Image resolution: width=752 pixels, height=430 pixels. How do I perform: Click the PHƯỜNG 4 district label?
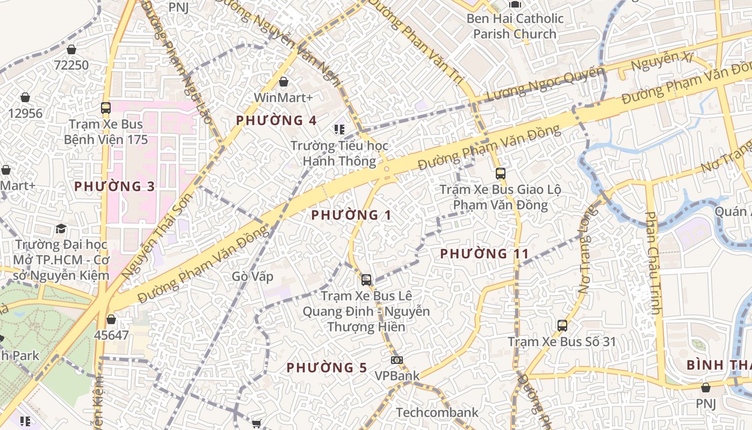coord(276,120)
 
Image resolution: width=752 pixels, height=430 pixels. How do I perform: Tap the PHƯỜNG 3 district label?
coord(114,187)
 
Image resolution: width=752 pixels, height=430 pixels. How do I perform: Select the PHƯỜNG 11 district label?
coord(485,254)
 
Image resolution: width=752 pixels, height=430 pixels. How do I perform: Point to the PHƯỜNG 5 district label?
coord(327,368)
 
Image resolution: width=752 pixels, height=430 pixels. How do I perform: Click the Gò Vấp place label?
coord(252,277)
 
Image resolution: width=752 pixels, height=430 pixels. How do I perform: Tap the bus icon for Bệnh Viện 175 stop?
coord(105,107)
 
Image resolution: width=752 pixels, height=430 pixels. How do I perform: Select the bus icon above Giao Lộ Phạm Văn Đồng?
coord(500,173)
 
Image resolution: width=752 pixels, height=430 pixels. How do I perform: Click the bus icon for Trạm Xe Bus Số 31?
coord(562,325)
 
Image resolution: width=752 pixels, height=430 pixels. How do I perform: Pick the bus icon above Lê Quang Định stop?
coord(366,279)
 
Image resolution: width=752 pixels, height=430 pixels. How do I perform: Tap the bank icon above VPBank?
coord(397,360)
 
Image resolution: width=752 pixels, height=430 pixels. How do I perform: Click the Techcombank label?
coord(437,413)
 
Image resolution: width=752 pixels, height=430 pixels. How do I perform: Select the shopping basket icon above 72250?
coord(71,49)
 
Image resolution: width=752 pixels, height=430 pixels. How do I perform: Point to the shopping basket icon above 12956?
coord(25,97)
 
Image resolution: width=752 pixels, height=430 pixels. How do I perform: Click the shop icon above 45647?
coord(111,319)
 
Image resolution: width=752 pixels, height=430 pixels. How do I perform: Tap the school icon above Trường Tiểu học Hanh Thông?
coord(339,129)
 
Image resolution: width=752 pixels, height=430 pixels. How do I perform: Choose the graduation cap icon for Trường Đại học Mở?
coord(61,229)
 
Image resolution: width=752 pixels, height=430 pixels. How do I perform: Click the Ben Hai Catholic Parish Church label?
coord(515,26)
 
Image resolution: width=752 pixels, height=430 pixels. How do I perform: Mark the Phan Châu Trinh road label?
coord(653,263)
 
